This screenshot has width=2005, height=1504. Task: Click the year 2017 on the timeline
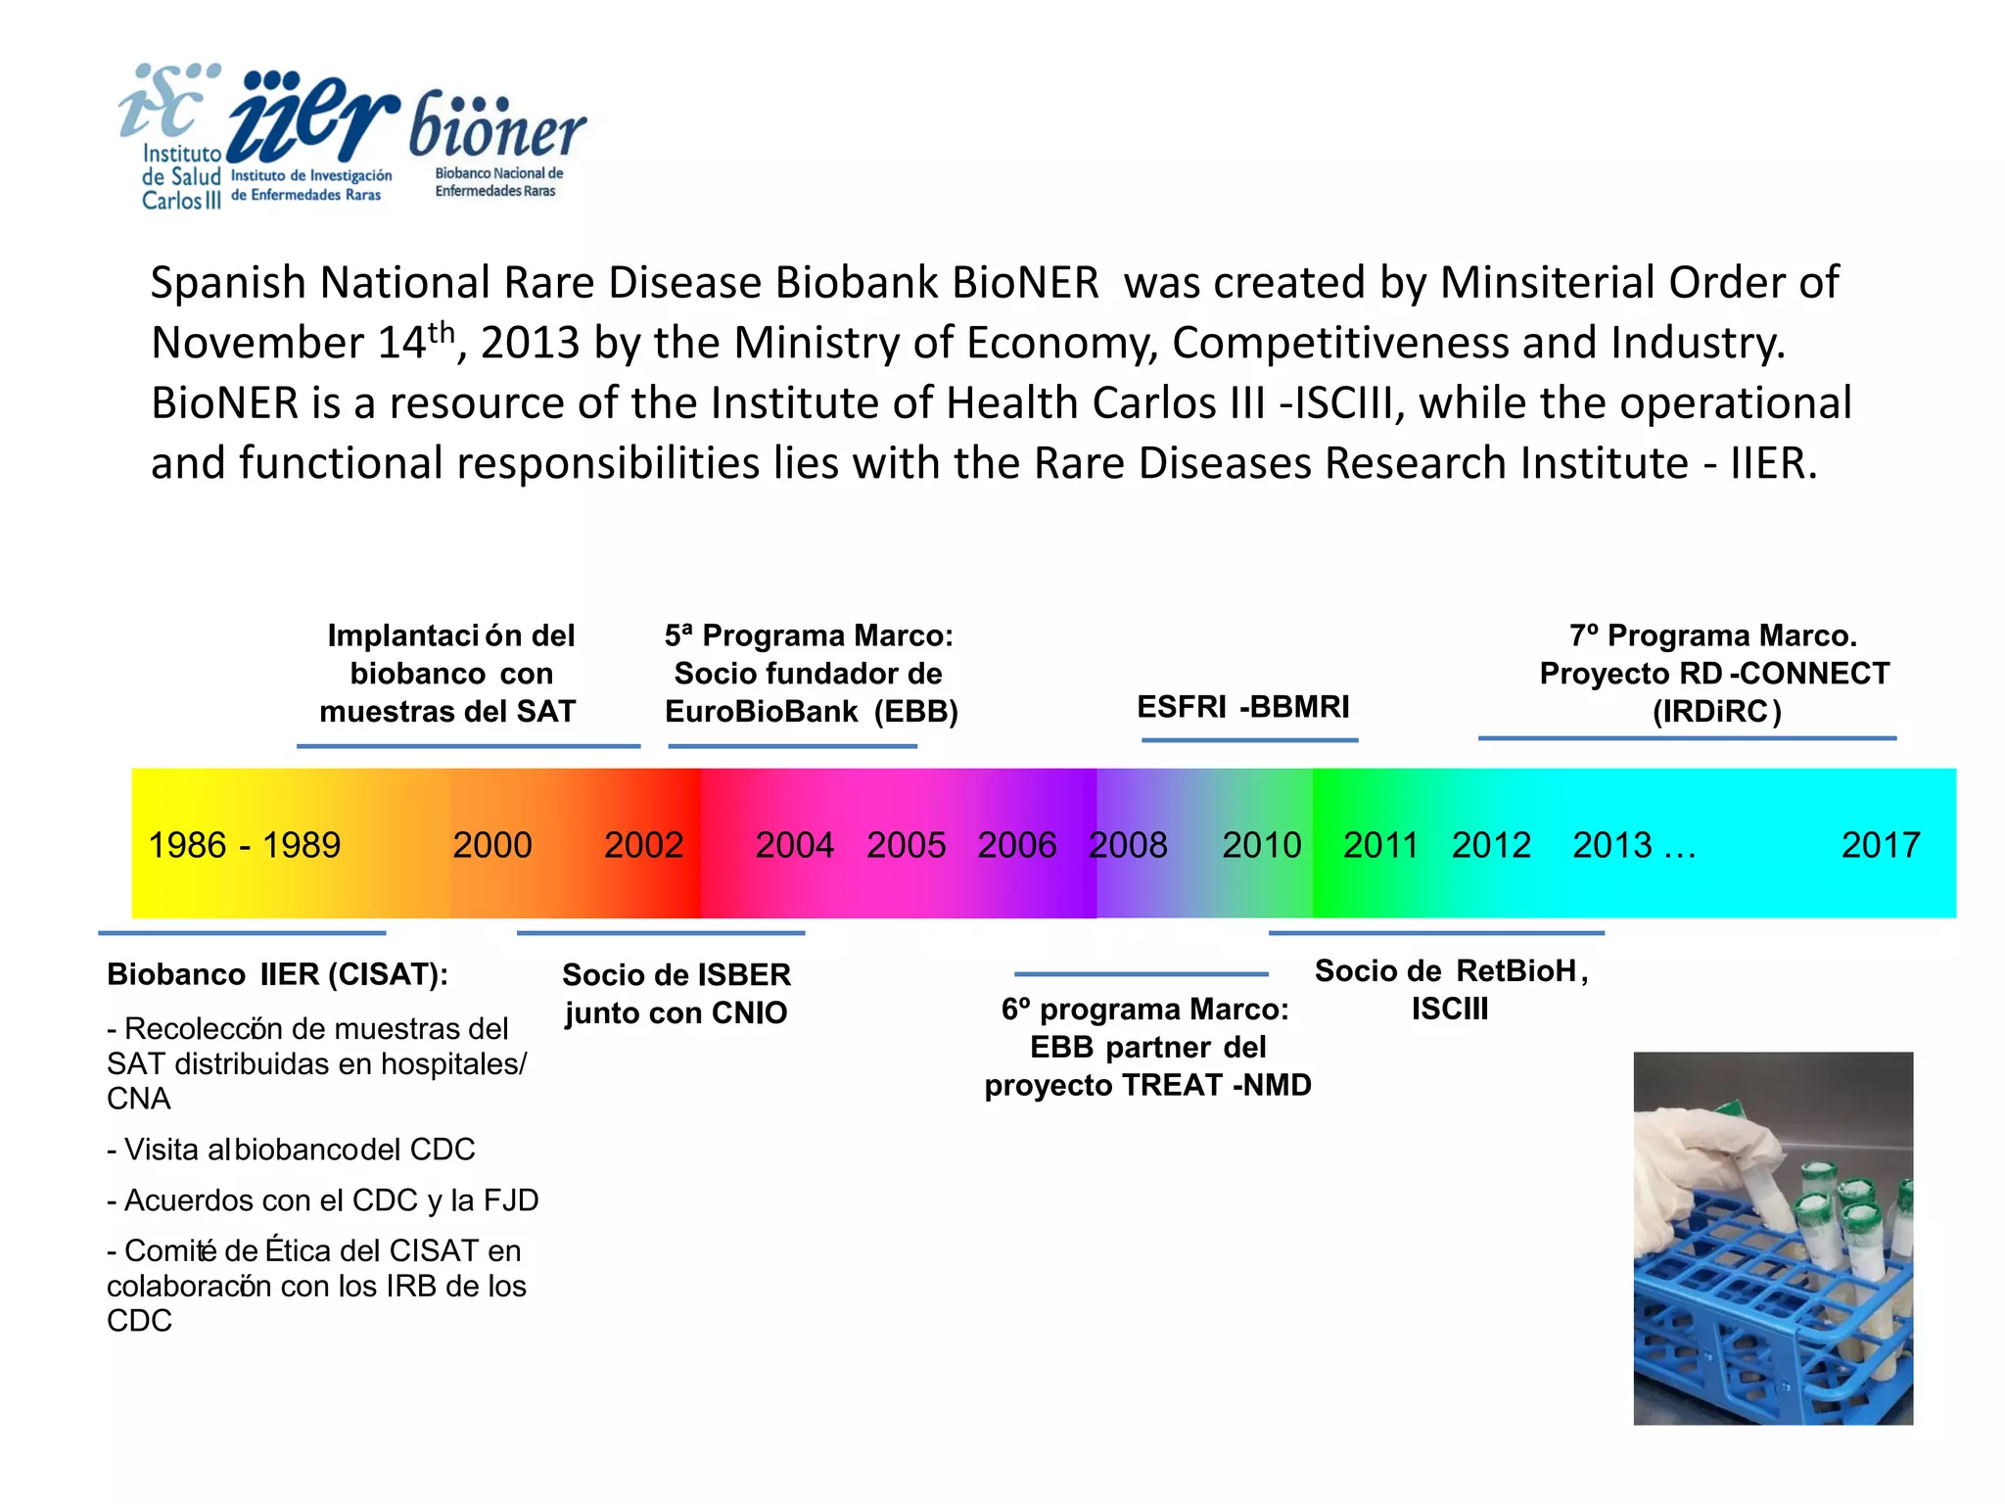1880,845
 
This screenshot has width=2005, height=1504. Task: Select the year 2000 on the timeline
491,845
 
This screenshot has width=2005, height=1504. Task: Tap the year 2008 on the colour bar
1128,845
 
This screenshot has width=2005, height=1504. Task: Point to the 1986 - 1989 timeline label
244,845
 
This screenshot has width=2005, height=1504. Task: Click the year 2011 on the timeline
1379,845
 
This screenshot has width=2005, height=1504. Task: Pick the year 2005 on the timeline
906,845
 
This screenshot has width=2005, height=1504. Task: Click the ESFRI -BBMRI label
1242,707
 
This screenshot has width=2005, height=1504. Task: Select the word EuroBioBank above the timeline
761,712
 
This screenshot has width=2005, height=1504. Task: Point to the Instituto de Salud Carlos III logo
171,137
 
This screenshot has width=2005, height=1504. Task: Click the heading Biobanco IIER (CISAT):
277,974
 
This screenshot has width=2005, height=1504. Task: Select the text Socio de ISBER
676,975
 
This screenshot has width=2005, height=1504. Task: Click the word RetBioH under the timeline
1515,971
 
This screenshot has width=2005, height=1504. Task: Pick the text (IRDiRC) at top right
1716,712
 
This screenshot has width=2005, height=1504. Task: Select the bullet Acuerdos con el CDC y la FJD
323,1200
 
